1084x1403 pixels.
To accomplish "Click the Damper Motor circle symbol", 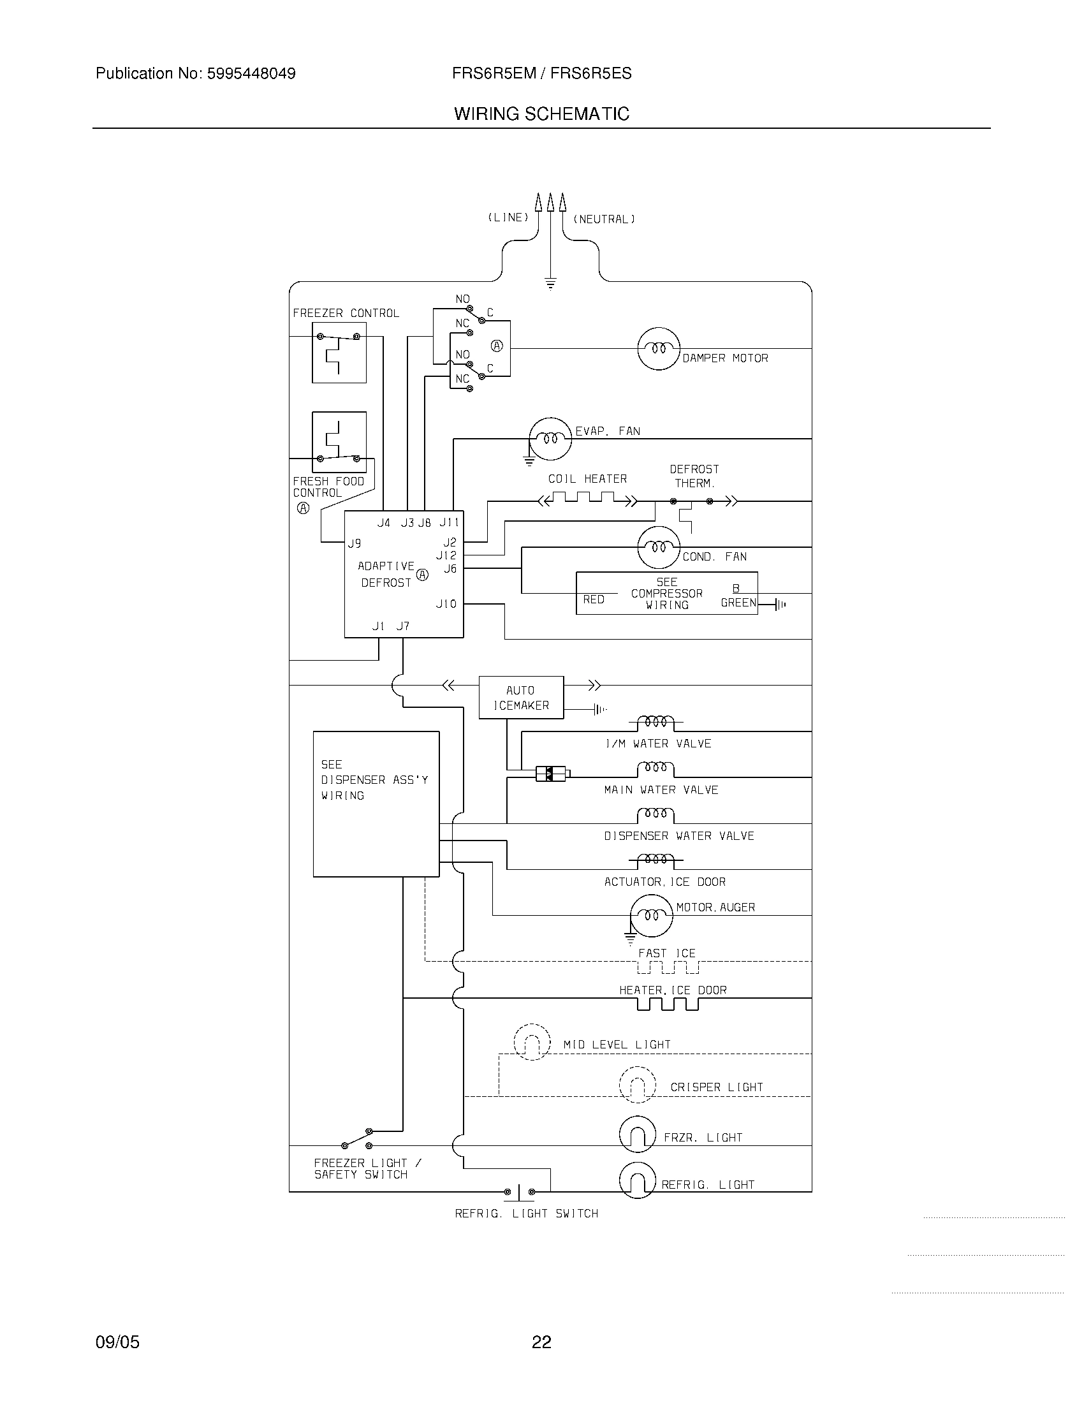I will point(658,349).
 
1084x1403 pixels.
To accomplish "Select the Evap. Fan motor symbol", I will point(550,439).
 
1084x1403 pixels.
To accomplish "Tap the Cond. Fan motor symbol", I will point(658,547).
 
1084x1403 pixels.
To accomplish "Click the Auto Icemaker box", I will point(521,698).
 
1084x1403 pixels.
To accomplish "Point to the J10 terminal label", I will point(446,604).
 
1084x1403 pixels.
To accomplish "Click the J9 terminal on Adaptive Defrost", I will point(355,543).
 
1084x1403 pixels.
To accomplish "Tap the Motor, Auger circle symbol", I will point(651,915).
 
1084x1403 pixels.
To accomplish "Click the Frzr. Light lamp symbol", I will point(637,1135).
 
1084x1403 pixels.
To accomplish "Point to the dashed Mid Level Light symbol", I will point(532,1042).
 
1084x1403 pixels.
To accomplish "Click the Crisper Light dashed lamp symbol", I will point(637,1085).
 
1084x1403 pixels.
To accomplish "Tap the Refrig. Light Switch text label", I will point(527,1214).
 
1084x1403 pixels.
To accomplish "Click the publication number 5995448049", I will point(250,74).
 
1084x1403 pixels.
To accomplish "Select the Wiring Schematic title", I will point(541,114).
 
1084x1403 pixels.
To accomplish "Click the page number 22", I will point(541,1342).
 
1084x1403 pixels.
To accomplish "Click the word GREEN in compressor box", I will point(738,603).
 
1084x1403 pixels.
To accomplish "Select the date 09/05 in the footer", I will point(117,1342).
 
